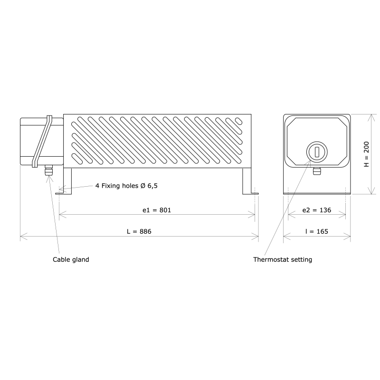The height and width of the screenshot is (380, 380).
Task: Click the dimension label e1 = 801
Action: [157, 209]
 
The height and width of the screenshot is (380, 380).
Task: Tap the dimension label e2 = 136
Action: [316, 209]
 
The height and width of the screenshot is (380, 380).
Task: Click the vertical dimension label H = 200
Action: [366, 154]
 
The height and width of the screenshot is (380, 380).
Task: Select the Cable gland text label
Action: [71, 260]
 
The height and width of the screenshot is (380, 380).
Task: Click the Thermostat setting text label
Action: [283, 260]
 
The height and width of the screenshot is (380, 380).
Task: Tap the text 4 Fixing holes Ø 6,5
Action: [126, 186]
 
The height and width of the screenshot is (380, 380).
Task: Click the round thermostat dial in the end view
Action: [316, 152]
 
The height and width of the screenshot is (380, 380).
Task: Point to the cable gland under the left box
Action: [48, 171]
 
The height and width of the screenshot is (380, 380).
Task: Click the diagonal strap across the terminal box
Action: [42, 141]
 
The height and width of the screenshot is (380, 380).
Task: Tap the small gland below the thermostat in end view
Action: [317, 170]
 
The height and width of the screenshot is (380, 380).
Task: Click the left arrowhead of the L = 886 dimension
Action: [22, 236]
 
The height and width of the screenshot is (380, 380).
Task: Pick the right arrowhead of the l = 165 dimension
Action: [349, 236]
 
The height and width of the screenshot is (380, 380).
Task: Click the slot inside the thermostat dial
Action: [316, 152]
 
